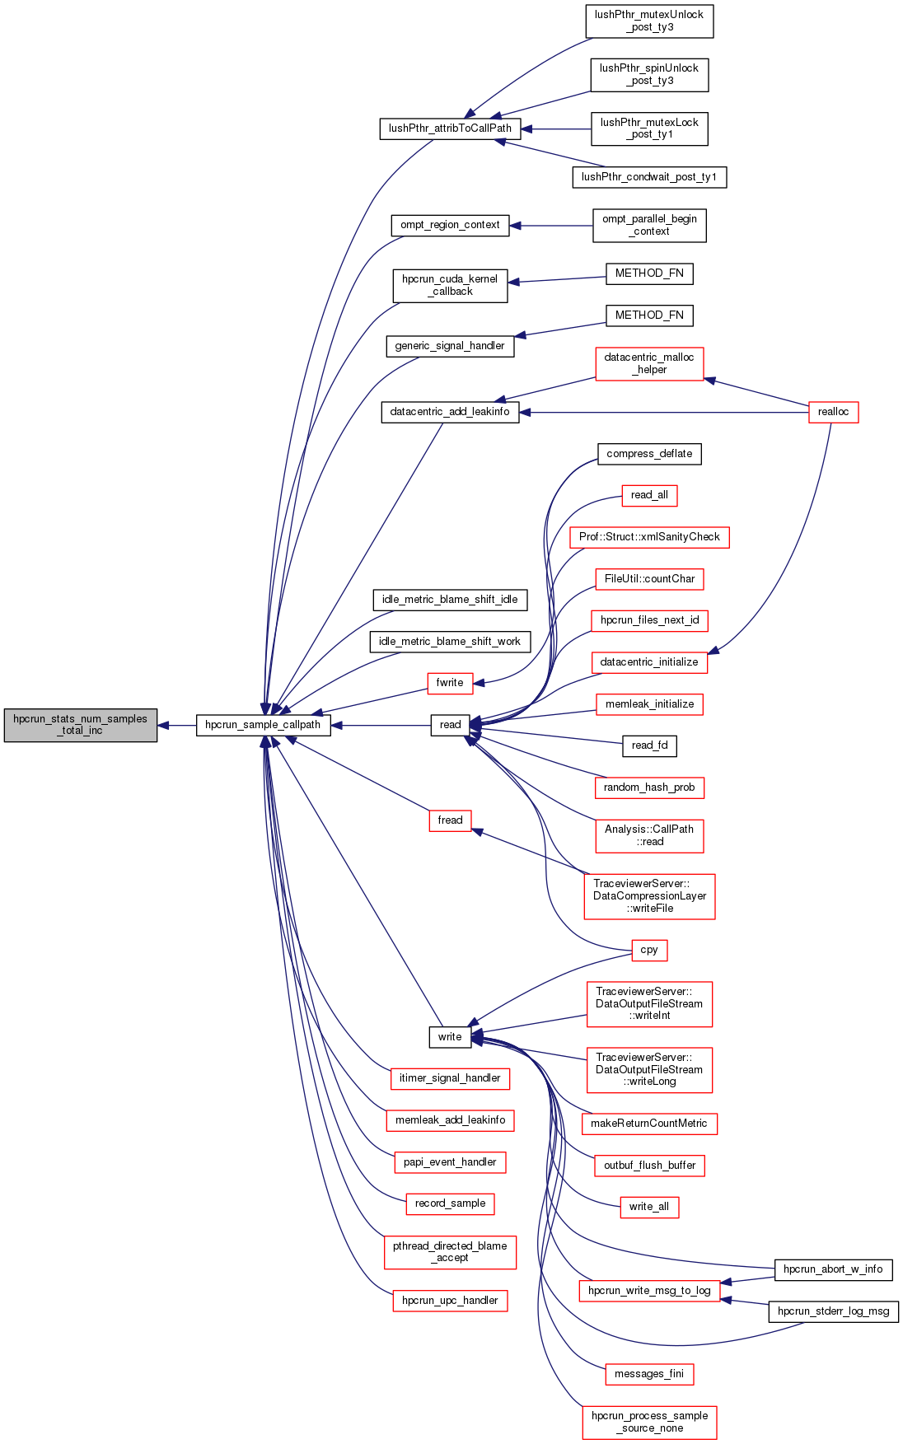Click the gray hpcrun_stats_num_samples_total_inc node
pyautogui.click(x=80, y=725)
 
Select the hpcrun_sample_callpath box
pyautogui.click(x=263, y=725)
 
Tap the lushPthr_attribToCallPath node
pyautogui.click(x=450, y=129)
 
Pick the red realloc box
pyautogui.click(x=833, y=412)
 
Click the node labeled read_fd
pyautogui.click(x=649, y=745)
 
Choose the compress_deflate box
pyautogui.click(x=649, y=454)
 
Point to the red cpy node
pyautogui.click(x=649, y=950)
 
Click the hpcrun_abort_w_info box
pyautogui.click(x=833, y=1269)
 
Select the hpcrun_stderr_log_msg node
pyautogui.click(x=833, y=1311)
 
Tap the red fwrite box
pyautogui.click(x=450, y=683)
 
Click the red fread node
pyautogui.click(x=450, y=820)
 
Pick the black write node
pyautogui.click(x=450, y=1037)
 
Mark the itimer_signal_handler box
pyautogui.click(x=450, y=1078)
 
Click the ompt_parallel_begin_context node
pyautogui.click(x=649, y=225)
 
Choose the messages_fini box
pyautogui.click(x=649, y=1374)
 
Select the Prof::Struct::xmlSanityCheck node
pyautogui.click(x=649, y=537)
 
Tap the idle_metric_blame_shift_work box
pyautogui.click(x=450, y=642)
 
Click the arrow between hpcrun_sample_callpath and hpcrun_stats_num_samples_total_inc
pyautogui.click(x=176, y=726)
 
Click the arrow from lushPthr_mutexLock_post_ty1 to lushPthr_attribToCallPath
pyautogui.click(x=556, y=129)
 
